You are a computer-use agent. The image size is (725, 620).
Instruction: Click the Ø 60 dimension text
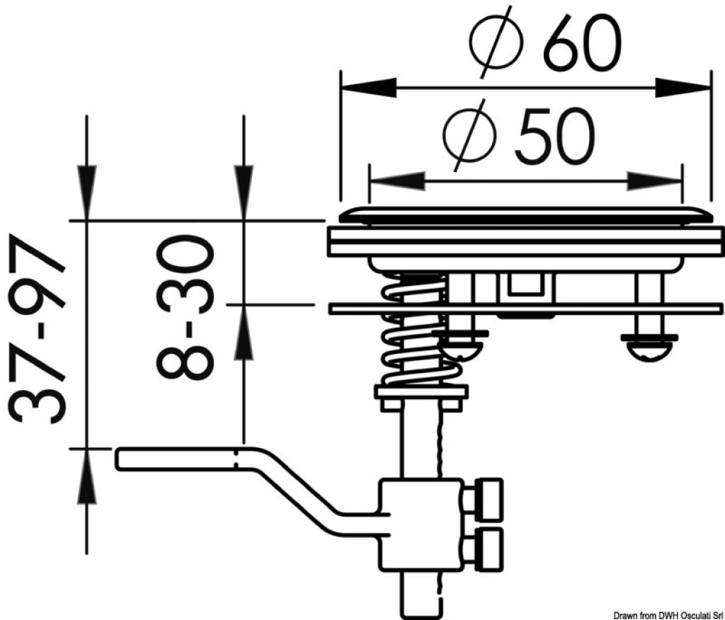point(544,42)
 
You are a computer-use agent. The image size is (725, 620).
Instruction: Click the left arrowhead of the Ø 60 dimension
point(368,87)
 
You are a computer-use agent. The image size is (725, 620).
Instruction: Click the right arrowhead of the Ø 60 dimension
point(683,87)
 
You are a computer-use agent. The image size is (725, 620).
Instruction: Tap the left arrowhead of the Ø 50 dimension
point(398,181)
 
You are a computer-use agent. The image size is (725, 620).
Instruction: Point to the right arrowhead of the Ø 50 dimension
point(654,181)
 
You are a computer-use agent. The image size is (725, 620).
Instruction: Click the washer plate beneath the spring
point(421,393)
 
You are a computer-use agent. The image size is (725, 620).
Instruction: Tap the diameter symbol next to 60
point(496,42)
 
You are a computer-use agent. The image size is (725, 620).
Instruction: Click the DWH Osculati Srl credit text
point(668,615)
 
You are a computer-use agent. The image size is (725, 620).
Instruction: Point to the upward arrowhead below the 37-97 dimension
point(86,476)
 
